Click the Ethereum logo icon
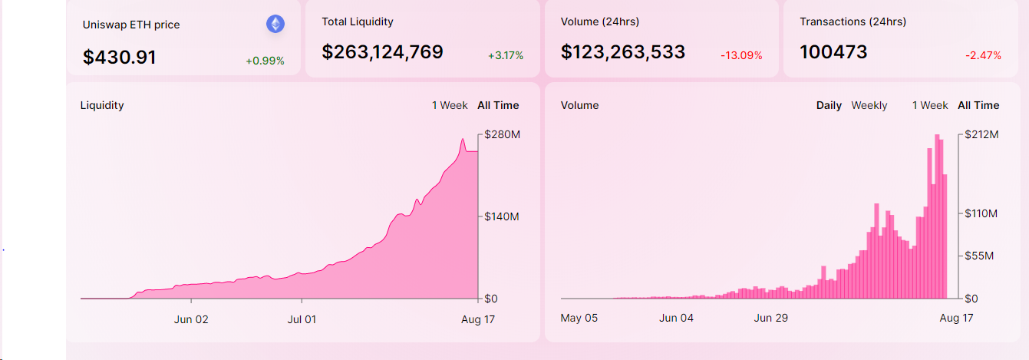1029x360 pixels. point(275,24)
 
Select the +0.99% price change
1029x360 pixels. point(265,61)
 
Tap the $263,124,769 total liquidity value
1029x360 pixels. point(382,52)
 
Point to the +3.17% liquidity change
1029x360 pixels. point(506,55)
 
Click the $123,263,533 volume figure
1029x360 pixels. point(623,52)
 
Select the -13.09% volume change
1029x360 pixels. point(741,55)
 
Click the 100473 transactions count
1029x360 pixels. point(833,52)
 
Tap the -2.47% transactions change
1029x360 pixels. point(983,55)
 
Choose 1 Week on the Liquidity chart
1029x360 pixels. point(450,105)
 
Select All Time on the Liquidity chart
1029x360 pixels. point(498,105)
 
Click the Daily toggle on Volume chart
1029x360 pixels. point(829,105)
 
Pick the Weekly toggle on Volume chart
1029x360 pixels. point(869,105)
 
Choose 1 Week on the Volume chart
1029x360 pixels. point(930,105)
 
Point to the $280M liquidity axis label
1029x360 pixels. point(503,135)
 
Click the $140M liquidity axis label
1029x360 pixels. point(503,216)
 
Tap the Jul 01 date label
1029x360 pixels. point(302,319)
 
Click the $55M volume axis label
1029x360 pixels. point(981,256)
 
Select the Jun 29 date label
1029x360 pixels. point(772,318)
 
